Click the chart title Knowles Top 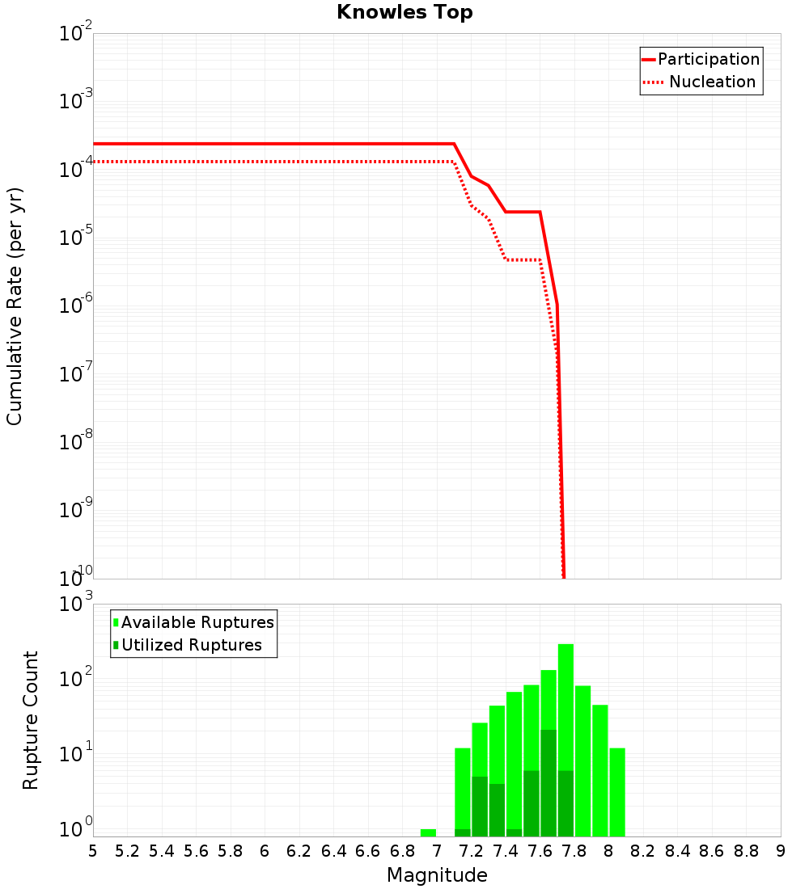coord(404,12)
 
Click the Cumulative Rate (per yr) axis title coord(15,305)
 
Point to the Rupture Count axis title coord(31,720)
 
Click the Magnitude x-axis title coord(437,875)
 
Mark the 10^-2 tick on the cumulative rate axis coord(76,34)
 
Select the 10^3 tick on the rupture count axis coord(76,605)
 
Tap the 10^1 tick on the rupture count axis coord(76,755)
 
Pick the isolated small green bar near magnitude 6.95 coord(428,832)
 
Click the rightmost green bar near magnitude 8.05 coord(617,792)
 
